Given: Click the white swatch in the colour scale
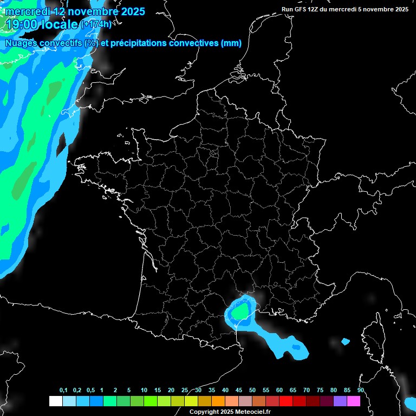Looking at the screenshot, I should coord(55,401).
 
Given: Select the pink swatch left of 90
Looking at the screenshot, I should coord(354,401).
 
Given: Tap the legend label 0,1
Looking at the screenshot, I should coord(63,391).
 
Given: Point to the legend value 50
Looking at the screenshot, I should coord(252,391).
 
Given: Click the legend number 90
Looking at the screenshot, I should coord(360,391).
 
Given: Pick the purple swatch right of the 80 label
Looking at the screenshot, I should coord(340,401).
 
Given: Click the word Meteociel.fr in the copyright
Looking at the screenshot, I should coord(253,412).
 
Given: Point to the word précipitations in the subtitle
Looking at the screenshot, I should coord(139,43).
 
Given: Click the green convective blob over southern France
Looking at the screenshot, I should coord(240,311).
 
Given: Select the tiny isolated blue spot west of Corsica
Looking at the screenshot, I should coord(346,341).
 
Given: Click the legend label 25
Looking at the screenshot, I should coord(185,391).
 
